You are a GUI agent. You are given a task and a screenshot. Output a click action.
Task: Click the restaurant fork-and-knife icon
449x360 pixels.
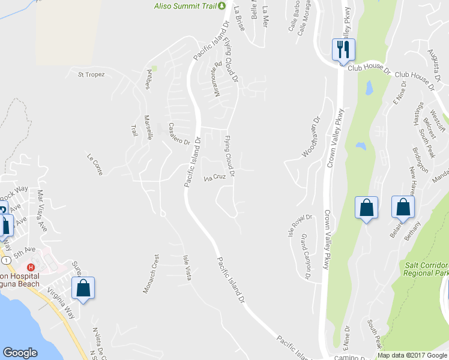343,49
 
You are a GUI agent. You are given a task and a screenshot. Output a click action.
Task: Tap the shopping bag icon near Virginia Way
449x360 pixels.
83,287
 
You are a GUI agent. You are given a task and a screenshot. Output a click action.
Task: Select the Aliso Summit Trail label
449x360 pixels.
185,6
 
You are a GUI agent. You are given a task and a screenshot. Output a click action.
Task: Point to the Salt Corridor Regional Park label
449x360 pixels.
427,268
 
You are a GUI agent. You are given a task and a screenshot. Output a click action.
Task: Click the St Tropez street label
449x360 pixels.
91,74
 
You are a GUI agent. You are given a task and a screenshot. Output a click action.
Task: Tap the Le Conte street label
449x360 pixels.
95,165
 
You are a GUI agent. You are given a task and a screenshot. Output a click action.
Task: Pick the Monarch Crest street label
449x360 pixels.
150,274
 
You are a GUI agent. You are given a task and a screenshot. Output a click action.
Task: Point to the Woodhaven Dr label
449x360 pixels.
312,140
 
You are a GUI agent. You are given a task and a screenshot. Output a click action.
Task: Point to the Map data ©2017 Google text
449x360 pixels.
412,355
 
